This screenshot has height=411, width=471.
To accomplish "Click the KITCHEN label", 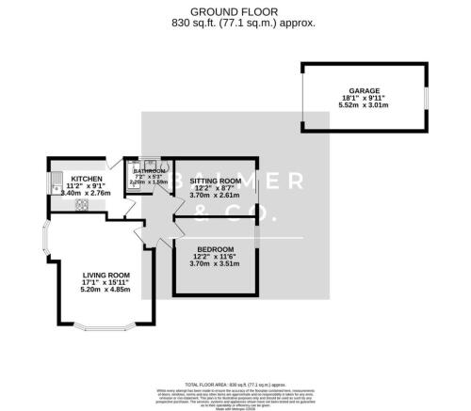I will (x=88, y=178).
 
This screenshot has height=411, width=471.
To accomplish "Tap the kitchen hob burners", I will (x=82, y=204).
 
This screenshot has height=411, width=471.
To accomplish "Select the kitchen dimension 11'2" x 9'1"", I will (x=88, y=185).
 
